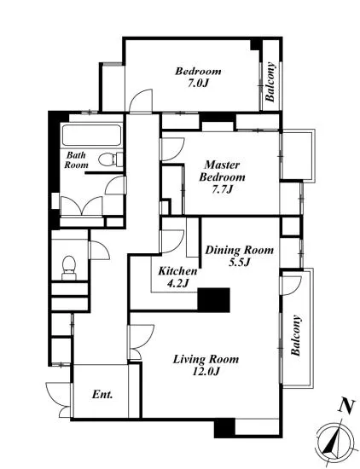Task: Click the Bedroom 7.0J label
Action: [198, 77]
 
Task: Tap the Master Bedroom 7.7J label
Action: [222, 177]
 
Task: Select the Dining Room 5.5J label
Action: [239, 256]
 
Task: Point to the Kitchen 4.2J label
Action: [177, 276]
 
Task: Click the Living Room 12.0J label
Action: [206, 365]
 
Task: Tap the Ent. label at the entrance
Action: [102, 395]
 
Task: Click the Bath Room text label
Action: [76, 160]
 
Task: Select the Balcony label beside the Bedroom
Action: [270, 82]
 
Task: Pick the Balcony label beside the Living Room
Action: [295, 335]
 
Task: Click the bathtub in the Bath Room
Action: [91, 136]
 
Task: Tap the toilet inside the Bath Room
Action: [111, 159]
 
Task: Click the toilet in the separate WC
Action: [68, 268]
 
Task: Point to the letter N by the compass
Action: [346, 407]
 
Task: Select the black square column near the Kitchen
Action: [213, 300]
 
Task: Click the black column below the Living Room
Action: [224, 428]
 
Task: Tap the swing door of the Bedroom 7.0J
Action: [141, 101]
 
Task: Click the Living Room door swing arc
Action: [142, 342]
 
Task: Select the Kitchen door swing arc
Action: [172, 241]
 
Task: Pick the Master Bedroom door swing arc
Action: [173, 149]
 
